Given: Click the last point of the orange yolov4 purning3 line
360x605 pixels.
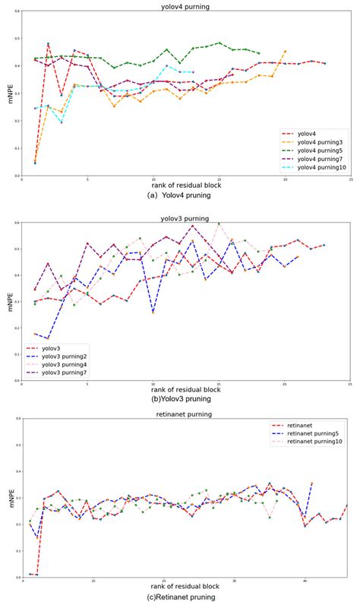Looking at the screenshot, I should pyautogui.click(x=285, y=52).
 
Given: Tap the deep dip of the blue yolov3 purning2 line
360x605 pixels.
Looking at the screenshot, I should pyautogui.click(x=153, y=312).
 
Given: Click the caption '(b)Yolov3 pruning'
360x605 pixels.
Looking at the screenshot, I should pyautogui.click(x=181, y=398).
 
